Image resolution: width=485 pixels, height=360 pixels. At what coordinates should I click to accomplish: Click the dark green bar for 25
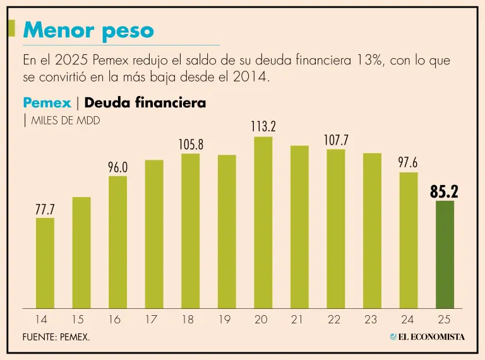pos(445,255)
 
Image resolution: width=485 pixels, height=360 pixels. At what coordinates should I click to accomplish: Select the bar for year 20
pos(263,222)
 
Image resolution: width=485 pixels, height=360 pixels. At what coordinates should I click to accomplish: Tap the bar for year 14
pos(44,263)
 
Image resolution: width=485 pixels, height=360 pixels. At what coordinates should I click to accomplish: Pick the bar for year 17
pos(153,234)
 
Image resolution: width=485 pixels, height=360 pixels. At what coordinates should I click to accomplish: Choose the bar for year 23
pos(372,231)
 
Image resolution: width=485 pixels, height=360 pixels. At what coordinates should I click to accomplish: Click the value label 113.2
pos(263,126)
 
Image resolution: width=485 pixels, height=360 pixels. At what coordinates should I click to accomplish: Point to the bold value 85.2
pos(444,191)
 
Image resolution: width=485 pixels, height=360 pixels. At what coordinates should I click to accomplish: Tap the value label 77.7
pos(45,209)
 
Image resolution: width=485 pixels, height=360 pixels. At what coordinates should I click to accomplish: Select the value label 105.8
pos(191,145)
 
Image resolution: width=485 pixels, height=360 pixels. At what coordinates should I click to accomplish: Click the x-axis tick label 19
pos(224,320)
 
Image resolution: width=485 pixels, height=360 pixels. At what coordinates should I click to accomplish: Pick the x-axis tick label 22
pos(335,320)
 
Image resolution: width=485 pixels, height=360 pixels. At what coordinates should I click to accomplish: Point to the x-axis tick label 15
pos(78,320)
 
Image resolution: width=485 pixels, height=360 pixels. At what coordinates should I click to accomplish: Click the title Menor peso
pos(88,30)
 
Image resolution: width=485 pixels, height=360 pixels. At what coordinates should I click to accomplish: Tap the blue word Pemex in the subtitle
pos(47,102)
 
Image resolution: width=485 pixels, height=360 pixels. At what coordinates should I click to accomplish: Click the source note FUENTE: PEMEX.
pos(56,337)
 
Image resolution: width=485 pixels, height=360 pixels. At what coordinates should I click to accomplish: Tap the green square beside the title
pos(12,28)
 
